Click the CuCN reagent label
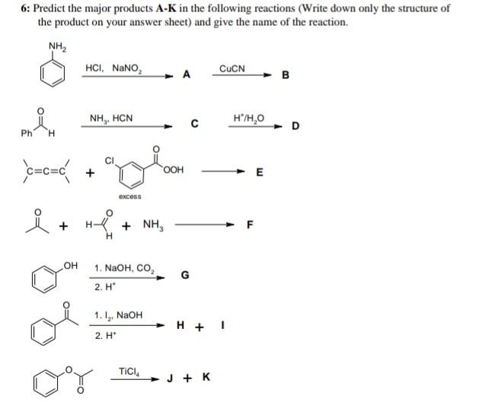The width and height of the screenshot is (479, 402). point(232,68)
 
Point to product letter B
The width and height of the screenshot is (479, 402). point(286,74)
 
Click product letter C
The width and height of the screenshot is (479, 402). point(195,125)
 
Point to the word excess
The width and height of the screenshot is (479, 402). point(130,197)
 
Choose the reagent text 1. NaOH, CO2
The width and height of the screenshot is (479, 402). point(125,269)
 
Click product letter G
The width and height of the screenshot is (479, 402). point(182,275)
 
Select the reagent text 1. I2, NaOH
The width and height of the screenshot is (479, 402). point(118,315)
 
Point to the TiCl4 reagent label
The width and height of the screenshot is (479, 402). point(130,370)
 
